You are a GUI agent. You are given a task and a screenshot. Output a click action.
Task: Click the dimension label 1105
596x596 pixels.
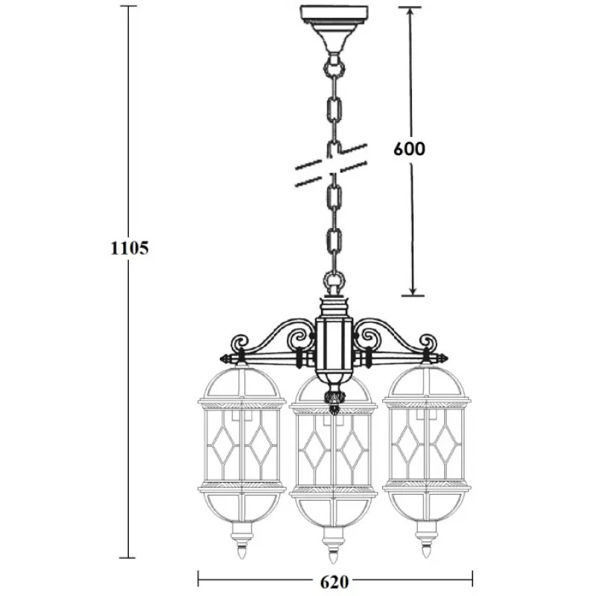(129, 248)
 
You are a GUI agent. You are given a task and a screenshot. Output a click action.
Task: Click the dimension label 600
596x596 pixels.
(409, 148)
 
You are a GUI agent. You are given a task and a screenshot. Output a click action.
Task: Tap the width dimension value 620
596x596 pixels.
(335, 582)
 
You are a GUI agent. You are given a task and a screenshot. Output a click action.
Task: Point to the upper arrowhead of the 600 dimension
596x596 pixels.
(410, 13)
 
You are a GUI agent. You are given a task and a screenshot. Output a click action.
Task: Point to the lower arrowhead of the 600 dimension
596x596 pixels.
(413, 288)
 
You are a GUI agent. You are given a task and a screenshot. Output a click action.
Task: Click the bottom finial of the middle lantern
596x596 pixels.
(333, 555)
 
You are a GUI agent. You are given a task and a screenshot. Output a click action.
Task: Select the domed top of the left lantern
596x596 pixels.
(241, 382)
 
